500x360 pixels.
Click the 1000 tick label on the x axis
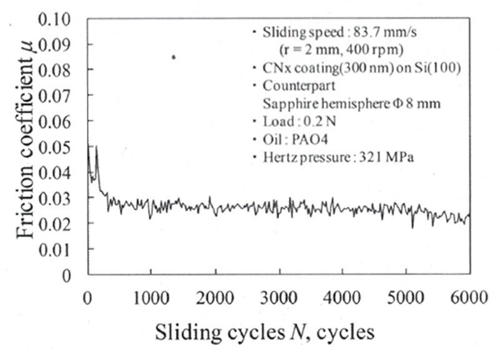pyautogui.click(x=151, y=296)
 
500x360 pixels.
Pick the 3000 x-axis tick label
pyautogui.click(x=278, y=296)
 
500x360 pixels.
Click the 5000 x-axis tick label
pyautogui.click(x=406, y=296)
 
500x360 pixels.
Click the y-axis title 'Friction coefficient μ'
pyautogui.click(x=26, y=146)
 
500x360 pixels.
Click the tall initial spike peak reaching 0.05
pyautogui.click(x=96, y=147)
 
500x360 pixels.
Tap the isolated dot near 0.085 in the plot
pyautogui.click(x=174, y=57)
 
